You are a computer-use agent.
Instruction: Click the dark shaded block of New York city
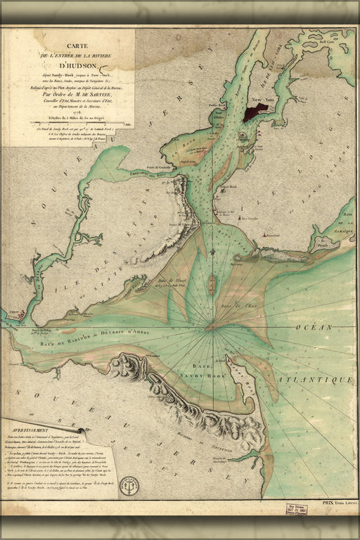pos(254,110)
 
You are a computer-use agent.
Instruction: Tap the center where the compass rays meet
pos(213,328)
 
